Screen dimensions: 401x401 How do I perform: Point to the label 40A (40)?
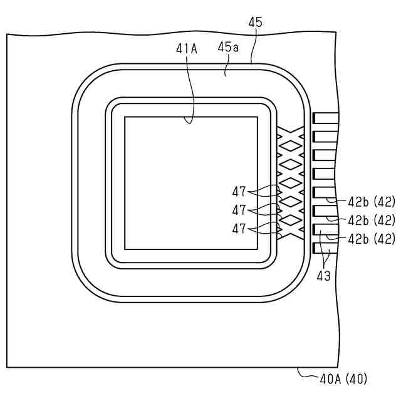pyautogui.click(x=343, y=378)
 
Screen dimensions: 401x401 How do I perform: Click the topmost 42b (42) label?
pyautogui.click(x=372, y=202)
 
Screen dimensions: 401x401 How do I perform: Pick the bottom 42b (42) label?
pyautogui.click(x=372, y=239)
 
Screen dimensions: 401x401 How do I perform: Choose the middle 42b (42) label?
pyautogui.click(x=372, y=220)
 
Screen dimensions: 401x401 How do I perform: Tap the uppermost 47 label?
pyautogui.click(x=239, y=191)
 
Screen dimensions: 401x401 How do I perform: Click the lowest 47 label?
pyautogui.click(x=239, y=229)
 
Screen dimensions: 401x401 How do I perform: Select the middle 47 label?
pyautogui.click(x=239, y=209)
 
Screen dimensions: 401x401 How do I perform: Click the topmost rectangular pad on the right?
pyautogui.click(x=325, y=117)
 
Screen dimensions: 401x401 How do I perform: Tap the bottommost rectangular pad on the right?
pyautogui.click(x=325, y=247)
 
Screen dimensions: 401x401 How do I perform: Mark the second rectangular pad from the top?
pyautogui.click(x=325, y=136)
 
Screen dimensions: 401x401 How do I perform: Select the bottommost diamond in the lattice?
pyautogui.click(x=290, y=221)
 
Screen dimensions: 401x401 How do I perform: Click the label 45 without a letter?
pyautogui.click(x=255, y=23)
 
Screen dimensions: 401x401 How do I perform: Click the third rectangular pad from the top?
pyautogui.click(x=325, y=154)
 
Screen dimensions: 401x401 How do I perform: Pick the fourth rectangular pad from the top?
pyautogui.click(x=325, y=173)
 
